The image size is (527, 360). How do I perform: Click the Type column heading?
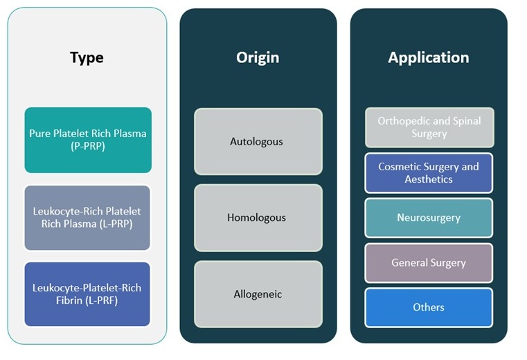[87, 57]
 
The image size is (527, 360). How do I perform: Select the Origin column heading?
[258, 57]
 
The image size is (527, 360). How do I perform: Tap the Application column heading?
[428, 57]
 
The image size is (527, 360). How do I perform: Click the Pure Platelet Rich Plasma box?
[88, 140]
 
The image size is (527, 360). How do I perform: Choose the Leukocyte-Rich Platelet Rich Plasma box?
[87, 217]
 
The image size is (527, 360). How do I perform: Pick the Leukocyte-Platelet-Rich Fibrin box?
[87, 294]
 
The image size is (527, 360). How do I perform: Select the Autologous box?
[258, 141]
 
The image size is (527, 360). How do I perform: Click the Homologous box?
[258, 217]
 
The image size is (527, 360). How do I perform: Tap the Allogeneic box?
[258, 294]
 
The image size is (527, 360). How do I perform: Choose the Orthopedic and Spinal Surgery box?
[429, 127]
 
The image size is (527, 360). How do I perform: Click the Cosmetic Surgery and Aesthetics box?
[429, 173]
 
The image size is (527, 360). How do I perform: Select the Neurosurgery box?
[429, 217]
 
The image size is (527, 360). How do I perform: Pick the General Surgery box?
[429, 262]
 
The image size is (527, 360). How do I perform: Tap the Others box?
[429, 307]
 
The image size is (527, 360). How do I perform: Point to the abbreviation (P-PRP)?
[88, 146]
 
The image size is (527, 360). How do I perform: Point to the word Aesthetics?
[429, 179]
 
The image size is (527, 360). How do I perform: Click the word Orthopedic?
[402, 121]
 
